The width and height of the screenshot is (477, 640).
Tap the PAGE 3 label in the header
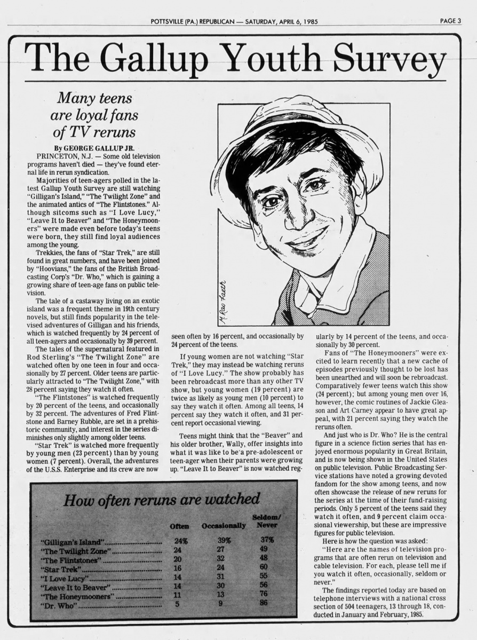click(x=450, y=21)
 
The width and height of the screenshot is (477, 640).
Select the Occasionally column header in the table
click(x=224, y=526)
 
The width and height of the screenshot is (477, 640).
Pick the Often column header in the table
click(x=179, y=526)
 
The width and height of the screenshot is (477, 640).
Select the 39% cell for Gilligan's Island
click(x=224, y=540)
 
